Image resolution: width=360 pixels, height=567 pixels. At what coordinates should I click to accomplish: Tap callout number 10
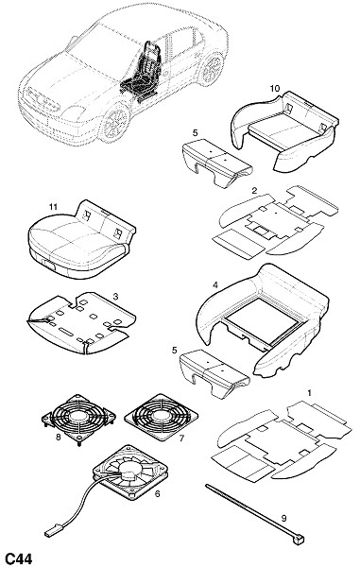click(x=275, y=88)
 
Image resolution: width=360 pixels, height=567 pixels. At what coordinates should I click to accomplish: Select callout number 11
click(x=54, y=207)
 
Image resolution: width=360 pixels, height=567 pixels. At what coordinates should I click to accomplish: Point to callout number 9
click(x=283, y=518)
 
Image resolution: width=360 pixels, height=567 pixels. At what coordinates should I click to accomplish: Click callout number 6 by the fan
click(x=157, y=493)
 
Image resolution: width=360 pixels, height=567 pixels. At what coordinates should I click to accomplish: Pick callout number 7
click(x=181, y=438)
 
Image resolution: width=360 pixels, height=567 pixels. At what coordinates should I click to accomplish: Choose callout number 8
click(x=59, y=438)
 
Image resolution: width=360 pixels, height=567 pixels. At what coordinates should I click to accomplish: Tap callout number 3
click(x=115, y=297)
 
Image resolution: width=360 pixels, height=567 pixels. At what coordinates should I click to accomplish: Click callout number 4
click(x=215, y=285)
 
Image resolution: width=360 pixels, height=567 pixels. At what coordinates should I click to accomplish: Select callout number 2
click(x=254, y=191)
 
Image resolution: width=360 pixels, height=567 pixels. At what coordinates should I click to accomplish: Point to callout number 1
click(x=309, y=393)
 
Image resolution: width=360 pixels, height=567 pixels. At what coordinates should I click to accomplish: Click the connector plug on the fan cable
click(x=50, y=533)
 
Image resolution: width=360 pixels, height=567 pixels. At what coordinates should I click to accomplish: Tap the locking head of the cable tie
click(x=299, y=540)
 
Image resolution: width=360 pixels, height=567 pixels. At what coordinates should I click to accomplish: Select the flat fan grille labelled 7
click(x=162, y=417)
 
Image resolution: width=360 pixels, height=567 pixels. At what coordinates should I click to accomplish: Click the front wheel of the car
click(x=116, y=123)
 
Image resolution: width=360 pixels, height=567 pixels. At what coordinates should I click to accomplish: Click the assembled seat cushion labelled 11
click(x=81, y=240)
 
